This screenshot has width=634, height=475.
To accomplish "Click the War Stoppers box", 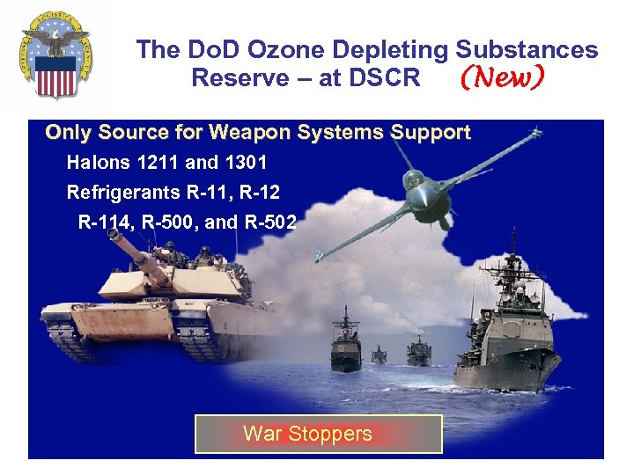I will pos(318,434).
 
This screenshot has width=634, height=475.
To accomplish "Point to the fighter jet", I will pos(423,189).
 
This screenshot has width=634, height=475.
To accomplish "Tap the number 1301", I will pos(246,163).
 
